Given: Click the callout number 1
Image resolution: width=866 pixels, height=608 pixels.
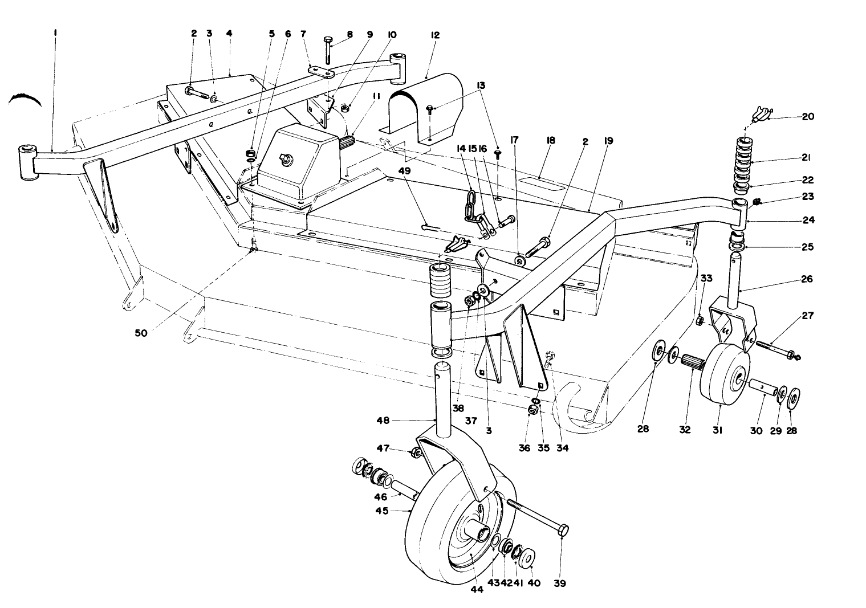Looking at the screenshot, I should click(x=55, y=34).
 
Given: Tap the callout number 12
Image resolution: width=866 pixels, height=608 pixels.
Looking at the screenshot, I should click(x=436, y=35).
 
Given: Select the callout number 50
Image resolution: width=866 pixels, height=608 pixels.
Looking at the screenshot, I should click(x=141, y=333).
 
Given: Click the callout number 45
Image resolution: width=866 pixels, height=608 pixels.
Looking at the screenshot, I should click(x=381, y=511).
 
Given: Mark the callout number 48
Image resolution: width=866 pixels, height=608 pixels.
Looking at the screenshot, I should click(x=383, y=421).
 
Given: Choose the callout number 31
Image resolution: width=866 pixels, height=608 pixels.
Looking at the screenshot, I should click(x=717, y=431).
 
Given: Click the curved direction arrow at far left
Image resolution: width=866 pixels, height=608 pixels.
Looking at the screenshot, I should click(x=25, y=100).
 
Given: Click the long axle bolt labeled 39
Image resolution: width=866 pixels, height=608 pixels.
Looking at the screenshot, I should click(x=536, y=516).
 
